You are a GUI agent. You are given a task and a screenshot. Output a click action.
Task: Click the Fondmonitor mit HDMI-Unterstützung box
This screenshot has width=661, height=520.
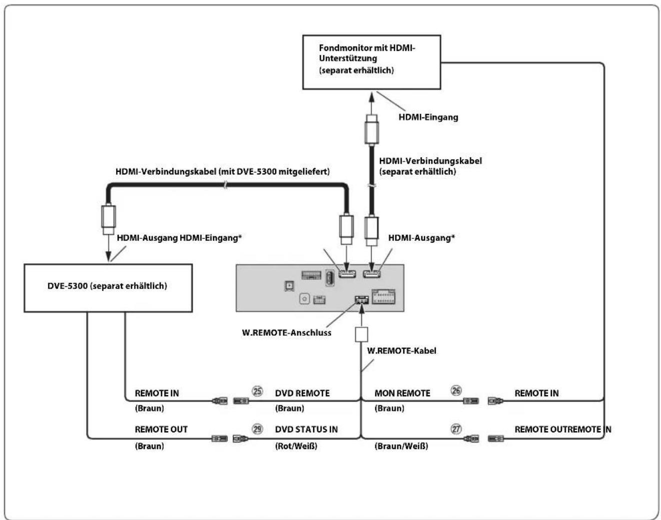tap(371, 62)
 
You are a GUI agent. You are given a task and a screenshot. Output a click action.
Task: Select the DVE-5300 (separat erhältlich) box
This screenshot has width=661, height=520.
tap(108, 288)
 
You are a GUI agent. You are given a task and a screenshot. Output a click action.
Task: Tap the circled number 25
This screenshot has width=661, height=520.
tap(257, 391)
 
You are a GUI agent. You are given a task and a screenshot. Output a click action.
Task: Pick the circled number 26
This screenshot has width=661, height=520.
tap(456, 390)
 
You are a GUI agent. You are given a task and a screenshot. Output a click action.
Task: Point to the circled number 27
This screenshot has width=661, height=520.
tap(456, 429)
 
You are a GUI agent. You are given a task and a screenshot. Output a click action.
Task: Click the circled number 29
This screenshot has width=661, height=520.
tap(257, 429)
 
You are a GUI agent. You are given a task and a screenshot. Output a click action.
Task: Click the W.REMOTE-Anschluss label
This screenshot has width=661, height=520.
tap(287, 332)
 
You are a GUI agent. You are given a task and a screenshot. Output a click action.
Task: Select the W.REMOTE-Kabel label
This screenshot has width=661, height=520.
tap(401, 351)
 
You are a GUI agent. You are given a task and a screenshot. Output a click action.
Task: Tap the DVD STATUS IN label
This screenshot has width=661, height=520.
tap(306, 429)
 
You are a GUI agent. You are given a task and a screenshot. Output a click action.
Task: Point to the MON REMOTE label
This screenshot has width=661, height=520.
tap(402, 393)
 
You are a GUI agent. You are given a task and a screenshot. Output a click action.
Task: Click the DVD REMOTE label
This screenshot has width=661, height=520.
tap(302, 393)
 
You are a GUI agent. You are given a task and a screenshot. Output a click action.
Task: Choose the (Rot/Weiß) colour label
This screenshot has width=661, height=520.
tap(296, 446)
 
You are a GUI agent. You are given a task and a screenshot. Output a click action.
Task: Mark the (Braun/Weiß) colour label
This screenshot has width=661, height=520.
tap(401, 446)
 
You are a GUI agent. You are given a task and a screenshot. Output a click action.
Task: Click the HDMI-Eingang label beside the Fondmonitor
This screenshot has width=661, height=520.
tap(428, 117)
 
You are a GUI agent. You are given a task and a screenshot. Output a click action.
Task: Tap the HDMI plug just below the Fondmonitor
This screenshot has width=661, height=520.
tap(371, 130)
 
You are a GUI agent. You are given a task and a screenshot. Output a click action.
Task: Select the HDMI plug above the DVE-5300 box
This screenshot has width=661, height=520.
tap(109, 219)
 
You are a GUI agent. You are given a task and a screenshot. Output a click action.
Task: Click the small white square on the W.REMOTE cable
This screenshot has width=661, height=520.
tap(361, 334)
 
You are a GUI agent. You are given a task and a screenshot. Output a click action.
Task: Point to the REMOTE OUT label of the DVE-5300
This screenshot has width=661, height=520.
tap(161, 429)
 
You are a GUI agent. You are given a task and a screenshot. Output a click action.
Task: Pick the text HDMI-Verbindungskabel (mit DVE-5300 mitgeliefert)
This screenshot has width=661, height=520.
tap(222, 172)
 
